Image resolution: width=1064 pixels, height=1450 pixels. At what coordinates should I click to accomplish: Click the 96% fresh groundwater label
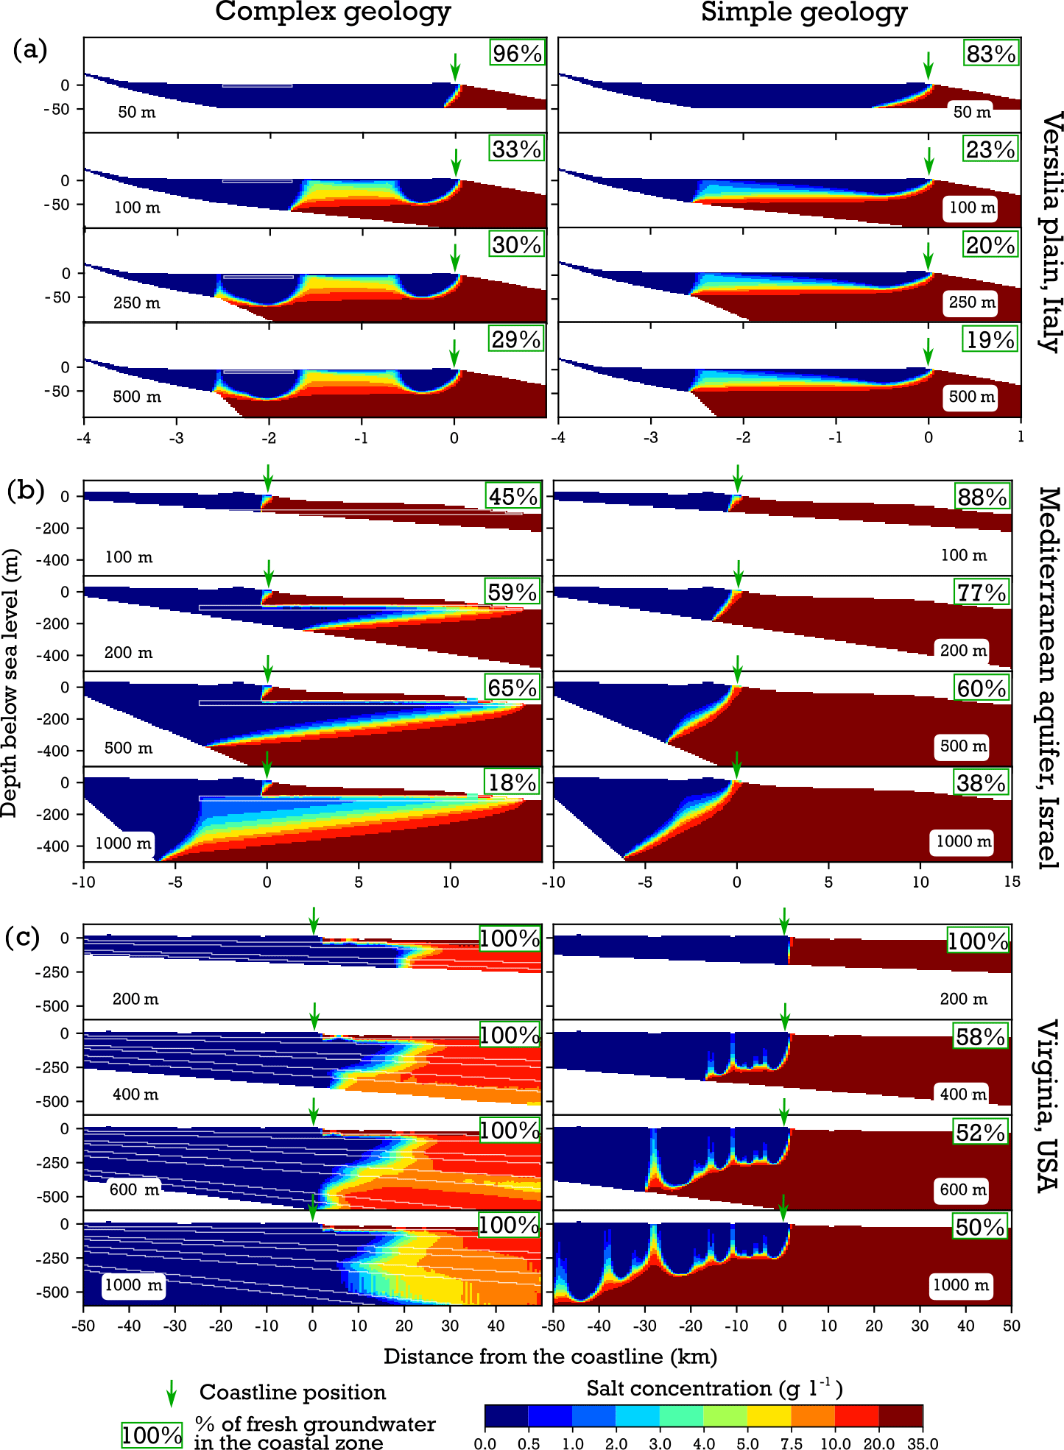pos(517,53)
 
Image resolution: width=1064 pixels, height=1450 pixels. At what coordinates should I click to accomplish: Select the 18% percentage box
pos(512,782)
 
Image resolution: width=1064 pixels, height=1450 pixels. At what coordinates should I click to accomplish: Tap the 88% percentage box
pos(982,497)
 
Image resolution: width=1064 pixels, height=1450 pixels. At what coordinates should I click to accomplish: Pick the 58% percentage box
pos(980,1036)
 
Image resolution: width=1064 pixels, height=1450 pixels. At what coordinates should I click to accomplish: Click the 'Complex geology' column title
pos(333,13)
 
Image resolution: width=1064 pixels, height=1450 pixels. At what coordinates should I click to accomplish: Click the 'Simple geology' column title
pos(804,13)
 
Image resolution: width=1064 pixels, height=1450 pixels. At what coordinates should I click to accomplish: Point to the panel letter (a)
pos(30,49)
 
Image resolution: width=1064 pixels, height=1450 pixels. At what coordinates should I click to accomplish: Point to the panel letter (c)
pos(22,938)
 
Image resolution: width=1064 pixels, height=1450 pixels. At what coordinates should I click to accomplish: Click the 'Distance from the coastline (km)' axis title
pos(550,1356)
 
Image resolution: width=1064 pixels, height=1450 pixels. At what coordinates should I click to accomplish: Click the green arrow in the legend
pos(171,1393)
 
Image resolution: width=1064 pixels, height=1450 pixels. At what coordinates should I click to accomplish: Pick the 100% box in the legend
pos(152,1435)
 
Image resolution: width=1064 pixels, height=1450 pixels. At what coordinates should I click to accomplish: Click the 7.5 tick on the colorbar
pos(792,1443)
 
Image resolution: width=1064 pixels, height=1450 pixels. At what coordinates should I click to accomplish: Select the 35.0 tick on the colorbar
pos(923,1443)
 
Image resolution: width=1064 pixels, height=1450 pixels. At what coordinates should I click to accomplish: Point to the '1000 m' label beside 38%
pos(963,841)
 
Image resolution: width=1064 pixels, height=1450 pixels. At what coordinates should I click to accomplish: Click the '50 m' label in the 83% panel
pos(972,112)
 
